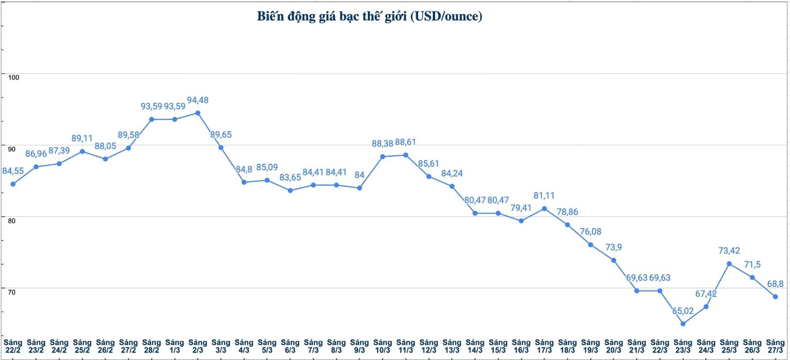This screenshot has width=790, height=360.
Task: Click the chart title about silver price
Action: pyautogui.click(x=369, y=16)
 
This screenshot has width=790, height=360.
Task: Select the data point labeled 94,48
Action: pyautogui.click(x=198, y=113)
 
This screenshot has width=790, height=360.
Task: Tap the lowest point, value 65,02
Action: pyautogui.click(x=683, y=324)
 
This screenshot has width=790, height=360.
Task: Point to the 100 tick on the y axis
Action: pyautogui.click(x=14, y=78)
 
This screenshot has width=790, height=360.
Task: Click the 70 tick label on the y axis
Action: pyautogui.click(x=12, y=292)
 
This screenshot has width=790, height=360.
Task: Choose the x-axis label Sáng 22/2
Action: pyautogui.click(x=13, y=346)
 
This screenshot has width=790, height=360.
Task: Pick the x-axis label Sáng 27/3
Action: pyautogui.click(x=775, y=346)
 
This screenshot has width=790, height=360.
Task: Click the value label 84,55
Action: pyautogui.click(x=13, y=171)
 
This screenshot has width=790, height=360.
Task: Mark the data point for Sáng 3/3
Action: pyautogui.click(x=221, y=148)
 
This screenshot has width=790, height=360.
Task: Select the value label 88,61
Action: pyautogui.click(x=405, y=142)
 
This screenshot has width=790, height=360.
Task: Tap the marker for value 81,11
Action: pyautogui.click(x=544, y=209)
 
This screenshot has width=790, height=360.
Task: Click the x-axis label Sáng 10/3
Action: pyautogui.click(x=382, y=346)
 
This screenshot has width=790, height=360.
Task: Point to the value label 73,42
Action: pyautogui.click(x=729, y=251)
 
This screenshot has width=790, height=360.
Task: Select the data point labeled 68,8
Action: pyautogui.click(x=775, y=297)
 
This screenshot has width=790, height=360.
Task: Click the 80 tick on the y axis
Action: pyautogui.click(x=12, y=221)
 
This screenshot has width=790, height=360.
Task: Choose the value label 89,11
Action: pyautogui.click(x=82, y=139)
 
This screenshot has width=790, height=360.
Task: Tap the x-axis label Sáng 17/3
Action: pyautogui.click(x=544, y=346)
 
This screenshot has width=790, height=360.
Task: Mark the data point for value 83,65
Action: pyautogui.click(x=290, y=191)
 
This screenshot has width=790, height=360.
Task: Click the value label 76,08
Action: pyautogui.click(x=590, y=232)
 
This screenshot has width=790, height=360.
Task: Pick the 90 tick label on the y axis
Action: pyautogui.click(x=12, y=149)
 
